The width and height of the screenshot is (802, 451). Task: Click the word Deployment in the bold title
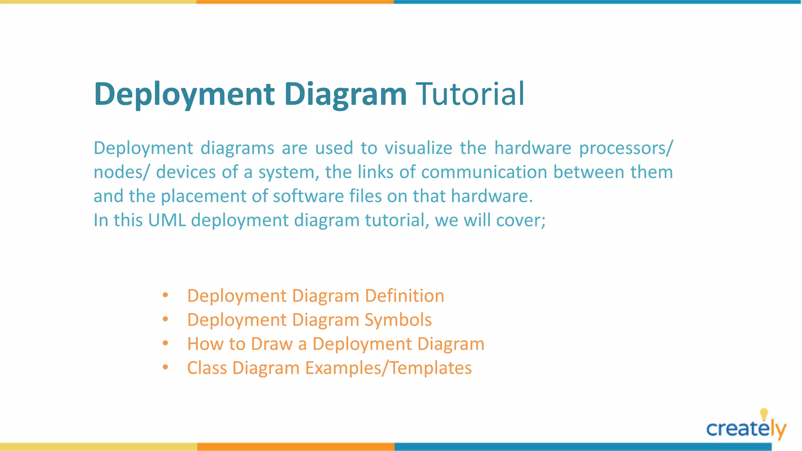pyautogui.click(x=184, y=94)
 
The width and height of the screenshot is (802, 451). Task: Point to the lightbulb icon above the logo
pyautogui.click(x=764, y=414)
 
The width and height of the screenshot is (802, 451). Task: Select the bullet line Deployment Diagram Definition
pyautogui.click(x=316, y=296)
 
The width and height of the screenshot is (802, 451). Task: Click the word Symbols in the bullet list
pyautogui.click(x=398, y=320)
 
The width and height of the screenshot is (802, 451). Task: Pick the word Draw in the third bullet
pyautogui.click(x=271, y=344)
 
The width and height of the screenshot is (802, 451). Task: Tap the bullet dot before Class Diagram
pyautogui.click(x=165, y=367)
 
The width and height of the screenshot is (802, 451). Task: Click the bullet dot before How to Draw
pyautogui.click(x=165, y=343)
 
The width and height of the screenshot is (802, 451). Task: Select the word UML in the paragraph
pyautogui.click(x=166, y=220)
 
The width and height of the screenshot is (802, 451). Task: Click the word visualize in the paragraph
pyautogui.click(x=418, y=148)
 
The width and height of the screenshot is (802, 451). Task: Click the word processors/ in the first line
pyautogui.click(x=626, y=148)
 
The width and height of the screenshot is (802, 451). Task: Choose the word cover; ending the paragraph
pyautogui.click(x=521, y=220)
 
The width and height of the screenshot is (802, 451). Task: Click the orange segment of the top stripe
pyautogui.click(x=295, y=2)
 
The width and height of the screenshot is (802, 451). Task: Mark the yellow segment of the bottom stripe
pyautogui.click(x=98, y=447)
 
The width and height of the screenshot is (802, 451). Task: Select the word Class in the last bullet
pyautogui.click(x=207, y=368)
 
